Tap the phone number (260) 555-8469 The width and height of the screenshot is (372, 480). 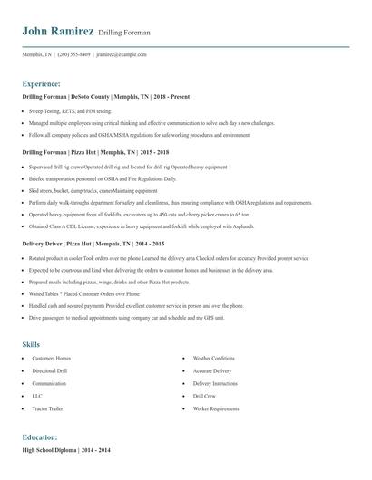[73, 55]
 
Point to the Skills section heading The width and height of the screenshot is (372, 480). [31, 344]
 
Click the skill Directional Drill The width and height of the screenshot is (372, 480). [50, 371]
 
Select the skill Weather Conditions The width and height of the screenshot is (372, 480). [214, 360]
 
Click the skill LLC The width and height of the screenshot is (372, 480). [36, 395]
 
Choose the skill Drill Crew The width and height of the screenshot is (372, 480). [204, 395]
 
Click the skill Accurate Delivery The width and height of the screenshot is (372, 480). [213, 371]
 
